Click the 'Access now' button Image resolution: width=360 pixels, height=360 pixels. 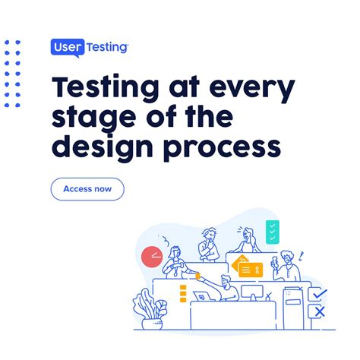87,189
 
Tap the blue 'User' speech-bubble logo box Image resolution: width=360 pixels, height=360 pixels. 68,48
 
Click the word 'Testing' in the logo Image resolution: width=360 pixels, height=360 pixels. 107,48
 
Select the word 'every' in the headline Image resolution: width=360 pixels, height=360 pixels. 252,88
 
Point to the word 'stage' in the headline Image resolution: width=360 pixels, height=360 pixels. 93,118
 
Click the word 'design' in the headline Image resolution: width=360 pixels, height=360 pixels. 103,147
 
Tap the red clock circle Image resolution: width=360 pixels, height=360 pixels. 152,257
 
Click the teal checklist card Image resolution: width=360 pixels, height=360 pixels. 273,232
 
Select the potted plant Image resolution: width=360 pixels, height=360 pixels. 150,309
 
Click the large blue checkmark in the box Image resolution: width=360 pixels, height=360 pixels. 320,294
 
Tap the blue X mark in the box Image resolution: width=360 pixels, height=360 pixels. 320,311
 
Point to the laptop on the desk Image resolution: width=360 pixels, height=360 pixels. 204,296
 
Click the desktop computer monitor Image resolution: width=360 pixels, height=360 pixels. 252,292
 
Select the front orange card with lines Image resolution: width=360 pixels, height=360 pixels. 251,270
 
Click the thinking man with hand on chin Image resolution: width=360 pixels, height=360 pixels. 208,245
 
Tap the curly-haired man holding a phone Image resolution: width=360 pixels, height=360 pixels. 286,266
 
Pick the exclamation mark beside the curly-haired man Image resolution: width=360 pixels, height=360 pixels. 301,256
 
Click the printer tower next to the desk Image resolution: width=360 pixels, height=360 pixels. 293,308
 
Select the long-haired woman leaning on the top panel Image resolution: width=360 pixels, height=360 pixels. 247,240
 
